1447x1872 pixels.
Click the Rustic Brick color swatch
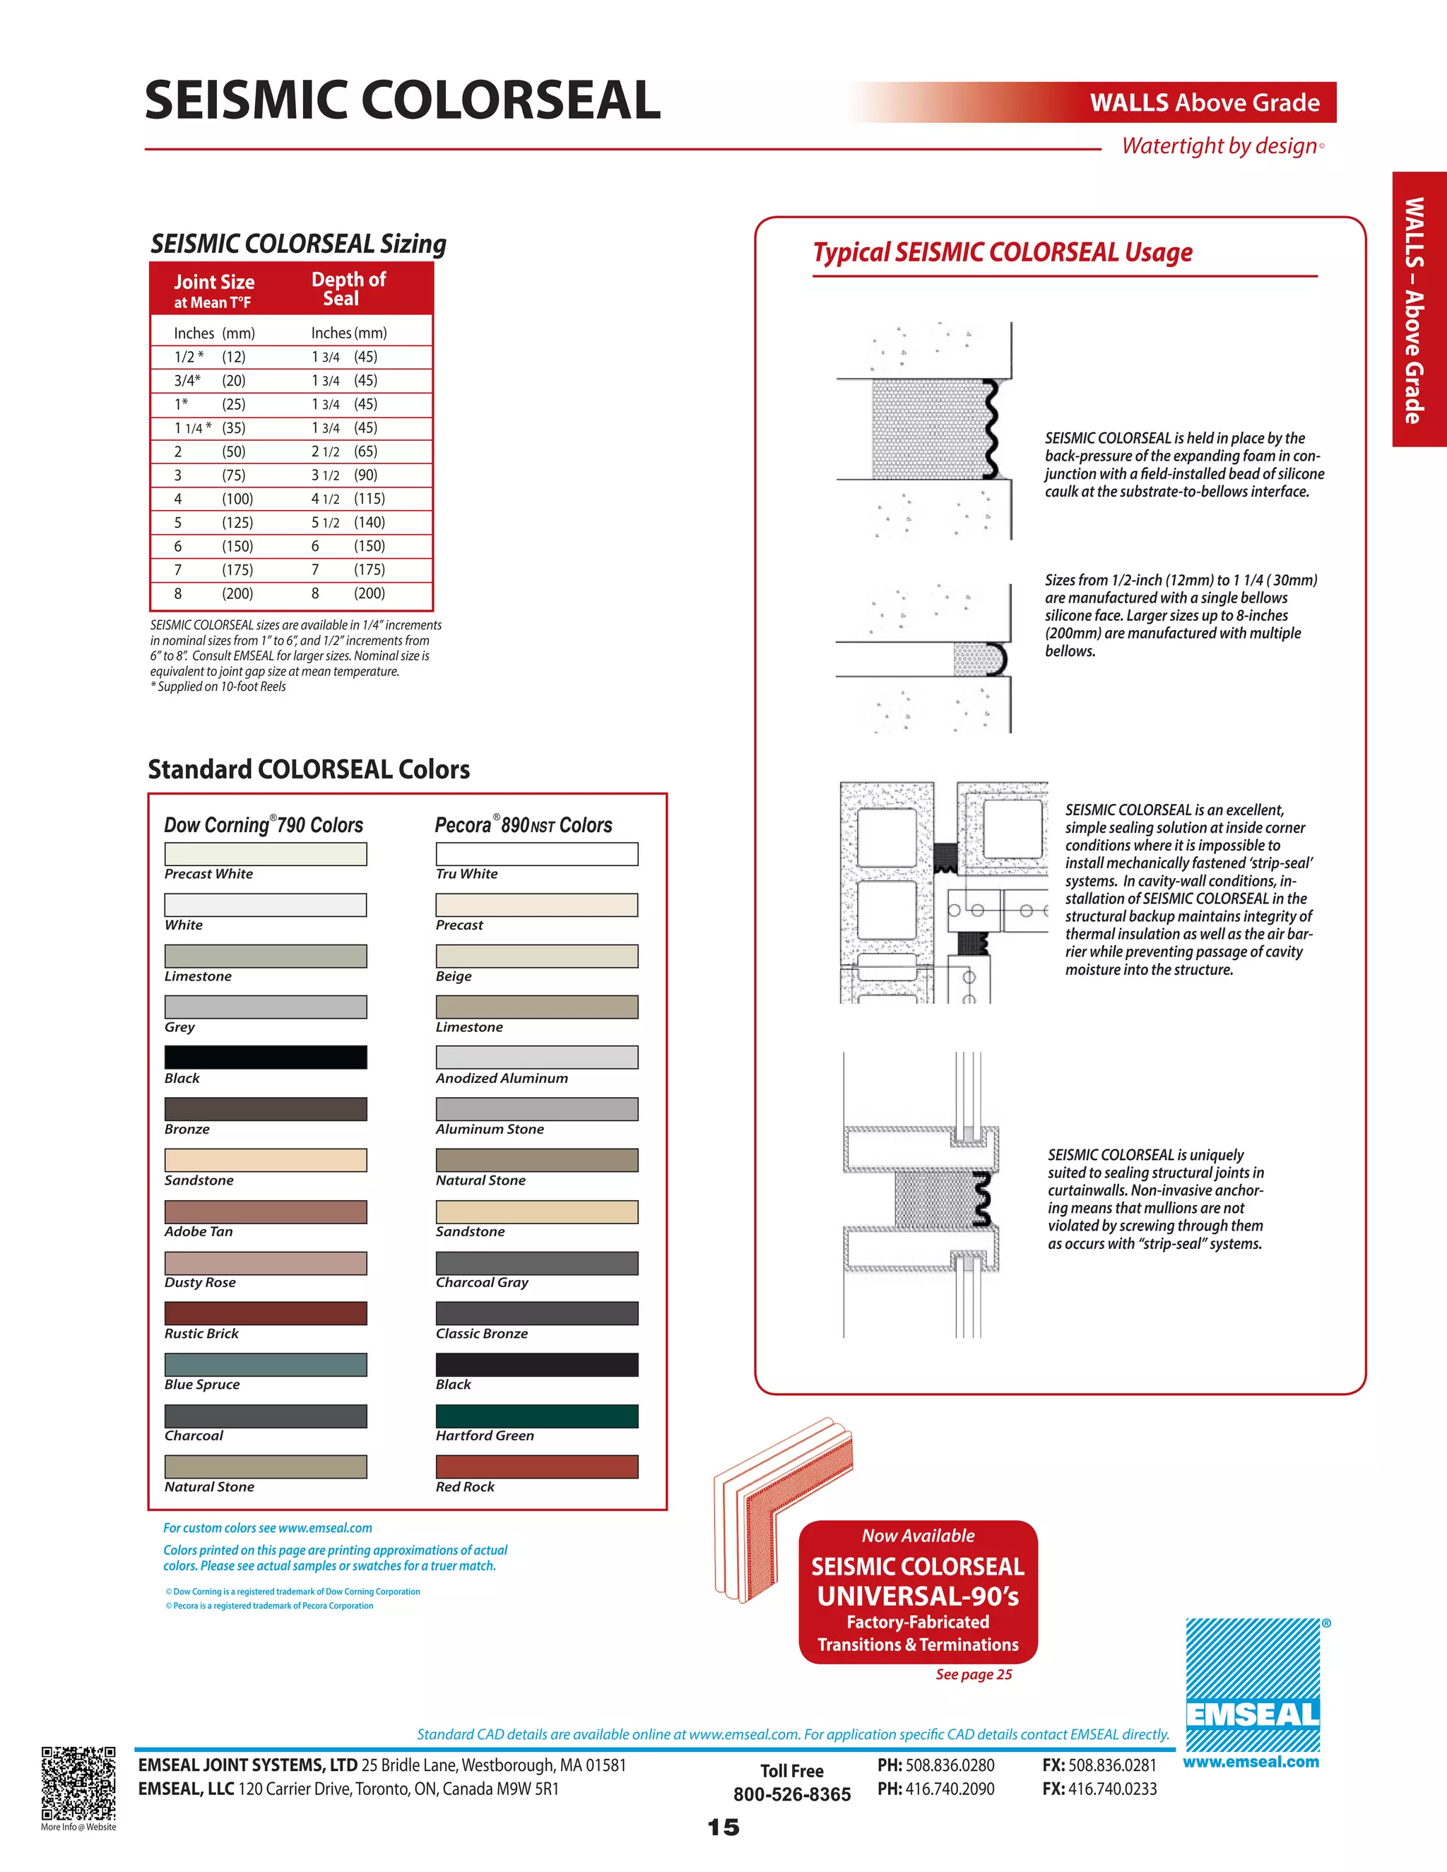pyautogui.click(x=265, y=1313)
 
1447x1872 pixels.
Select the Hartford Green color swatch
pyautogui.click(x=537, y=1415)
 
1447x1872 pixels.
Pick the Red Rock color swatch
pyautogui.click(x=537, y=1467)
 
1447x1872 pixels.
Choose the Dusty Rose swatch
pyautogui.click(x=265, y=1262)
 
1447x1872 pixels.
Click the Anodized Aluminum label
pyautogui.click(x=502, y=1078)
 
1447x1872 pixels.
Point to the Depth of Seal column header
pyautogui.click(x=348, y=289)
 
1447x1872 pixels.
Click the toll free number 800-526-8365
pyautogui.click(x=791, y=1794)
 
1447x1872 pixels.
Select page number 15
pyautogui.click(x=723, y=1827)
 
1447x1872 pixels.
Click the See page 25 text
pyautogui.click(x=973, y=1674)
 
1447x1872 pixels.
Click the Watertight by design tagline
pyautogui.click(x=1219, y=146)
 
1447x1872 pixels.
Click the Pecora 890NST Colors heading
pyautogui.click(x=523, y=824)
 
